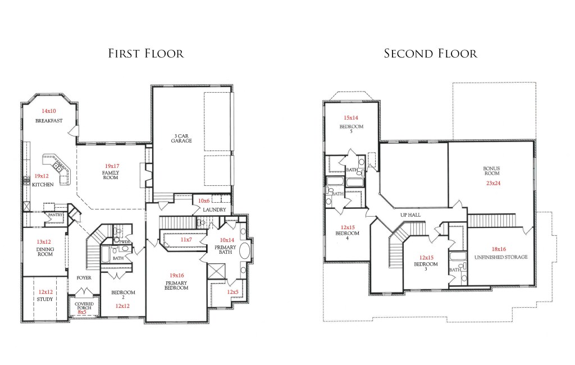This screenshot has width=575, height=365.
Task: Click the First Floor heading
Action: (x=146, y=53)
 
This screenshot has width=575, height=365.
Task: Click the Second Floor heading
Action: (x=431, y=53)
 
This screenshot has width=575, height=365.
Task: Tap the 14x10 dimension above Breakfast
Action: (x=49, y=111)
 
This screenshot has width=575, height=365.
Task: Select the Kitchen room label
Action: (x=43, y=185)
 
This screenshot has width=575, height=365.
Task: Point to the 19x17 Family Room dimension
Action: (x=112, y=166)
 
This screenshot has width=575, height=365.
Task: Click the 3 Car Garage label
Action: (x=181, y=138)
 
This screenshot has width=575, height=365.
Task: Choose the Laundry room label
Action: (x=215, y=210)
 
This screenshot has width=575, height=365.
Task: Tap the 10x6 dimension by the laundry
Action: (x=204, y=200)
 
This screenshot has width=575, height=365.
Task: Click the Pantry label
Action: (x=56, y=215)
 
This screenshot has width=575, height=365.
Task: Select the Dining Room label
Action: (x=45, y=252)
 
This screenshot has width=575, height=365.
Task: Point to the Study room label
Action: (x=45, y=299)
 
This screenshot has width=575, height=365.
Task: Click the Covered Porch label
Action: (x=84, y=306)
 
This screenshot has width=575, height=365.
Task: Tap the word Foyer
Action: (x=84, y=278)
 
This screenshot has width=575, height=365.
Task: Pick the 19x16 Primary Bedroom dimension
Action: (x=177, y=276)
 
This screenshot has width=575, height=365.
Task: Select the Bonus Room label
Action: (x=492, y=171)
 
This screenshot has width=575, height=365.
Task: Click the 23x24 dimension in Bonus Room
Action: (x=493, y=183)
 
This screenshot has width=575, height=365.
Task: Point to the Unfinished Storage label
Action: (x=501, y=257)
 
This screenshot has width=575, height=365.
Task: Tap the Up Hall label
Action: (x=410, y=215)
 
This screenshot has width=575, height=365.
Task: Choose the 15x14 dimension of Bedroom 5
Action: (x=351, y=118)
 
